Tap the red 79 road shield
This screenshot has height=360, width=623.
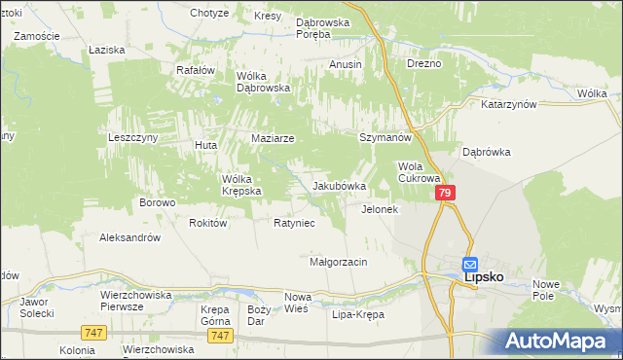(x=445, y=195)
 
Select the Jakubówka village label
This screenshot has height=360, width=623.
(x=339, y=186)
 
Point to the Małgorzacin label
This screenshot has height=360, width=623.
(x=338, y=263)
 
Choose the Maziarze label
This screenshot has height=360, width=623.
(x=273, y=139)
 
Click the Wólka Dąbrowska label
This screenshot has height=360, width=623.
(x=265, y=81)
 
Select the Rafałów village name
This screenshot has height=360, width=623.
(x=195, y=70)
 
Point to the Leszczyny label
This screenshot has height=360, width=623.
(x=133, y=139)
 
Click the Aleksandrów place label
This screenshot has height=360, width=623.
(x=129, y=236)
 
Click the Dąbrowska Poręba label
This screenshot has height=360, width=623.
(x=327, y=26)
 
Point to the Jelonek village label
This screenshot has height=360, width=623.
(x=380, y=209)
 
